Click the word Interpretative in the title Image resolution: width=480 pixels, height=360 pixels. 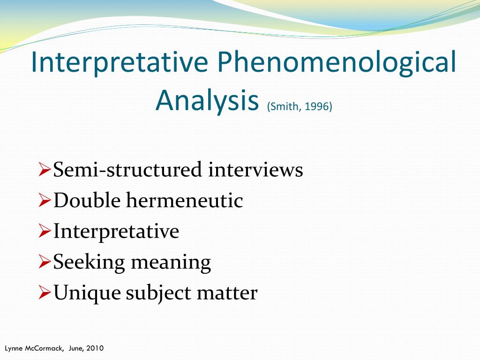[x=120, y=63]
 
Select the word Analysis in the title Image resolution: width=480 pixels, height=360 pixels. [x=208, y=100]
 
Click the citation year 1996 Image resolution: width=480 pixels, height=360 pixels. [x=317, y=107]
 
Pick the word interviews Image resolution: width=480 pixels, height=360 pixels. [x=255, y=170]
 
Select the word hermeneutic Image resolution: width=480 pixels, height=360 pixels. [x=184, y=201]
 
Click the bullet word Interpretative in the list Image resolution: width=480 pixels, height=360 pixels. [x=116, y=232]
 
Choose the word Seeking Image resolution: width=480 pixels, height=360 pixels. [x=89, y=262]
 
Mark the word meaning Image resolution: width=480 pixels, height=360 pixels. [x=171, y=263]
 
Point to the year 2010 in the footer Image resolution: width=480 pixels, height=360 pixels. [x=95, y=348]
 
